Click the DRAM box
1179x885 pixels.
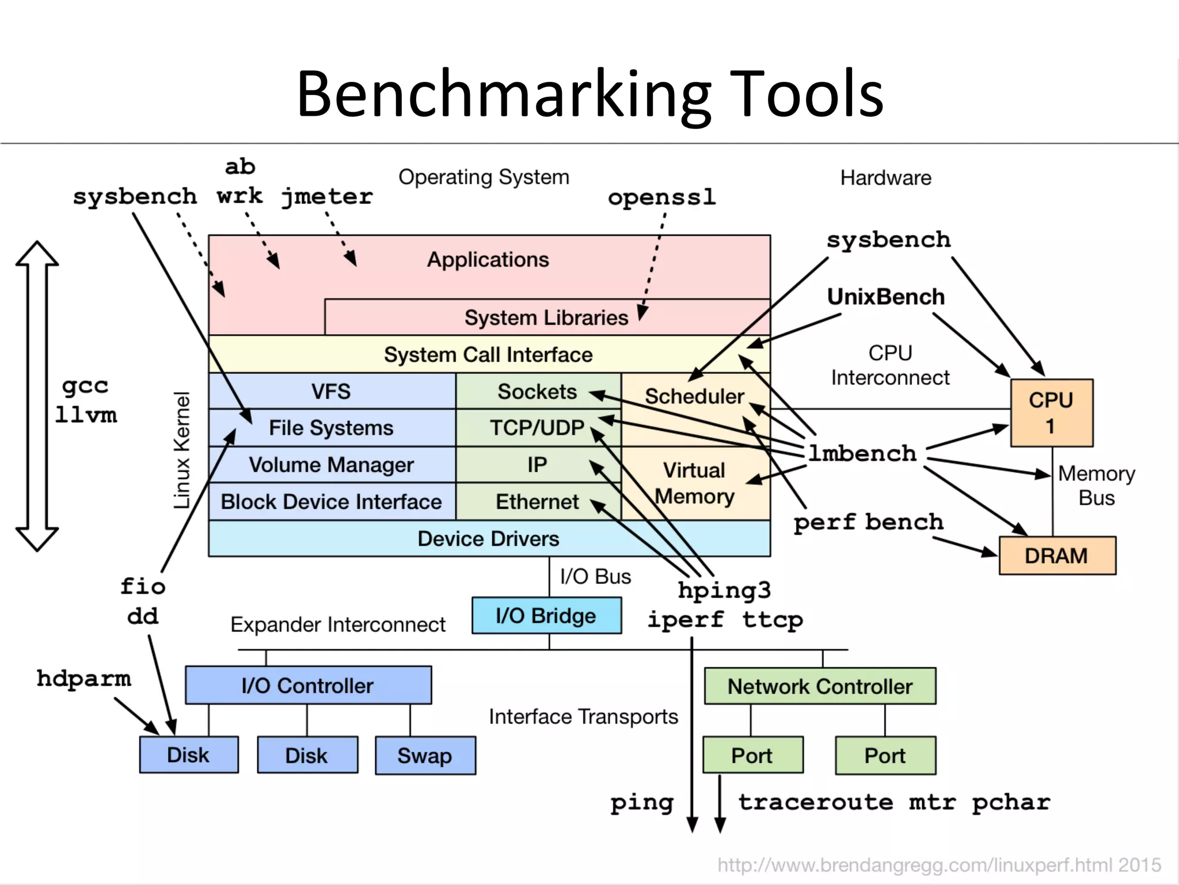pos(1057,556)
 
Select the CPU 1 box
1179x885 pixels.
pos(1051,413)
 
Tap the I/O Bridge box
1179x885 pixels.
pos(546,615)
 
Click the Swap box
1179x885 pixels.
pos(425,755)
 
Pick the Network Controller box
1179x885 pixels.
pos(820,686)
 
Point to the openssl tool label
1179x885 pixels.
pos(661,198)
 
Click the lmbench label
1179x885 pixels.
pos(862,453)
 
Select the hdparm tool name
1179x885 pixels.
pos(84,678)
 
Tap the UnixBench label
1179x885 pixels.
pos(885,297)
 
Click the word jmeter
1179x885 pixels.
pos(327,197)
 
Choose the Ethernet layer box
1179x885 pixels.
pos(537,502)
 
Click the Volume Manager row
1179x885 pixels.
pos(331,465)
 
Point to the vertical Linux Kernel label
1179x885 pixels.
pos(182,450)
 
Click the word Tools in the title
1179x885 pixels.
pos(809,94)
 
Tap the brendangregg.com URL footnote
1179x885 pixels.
pos(938,865)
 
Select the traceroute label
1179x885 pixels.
pos(816,802)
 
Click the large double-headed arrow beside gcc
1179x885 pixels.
pos(37,396)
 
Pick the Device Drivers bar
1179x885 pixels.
pos(488,539)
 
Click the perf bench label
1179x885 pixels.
pos(868,522)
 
